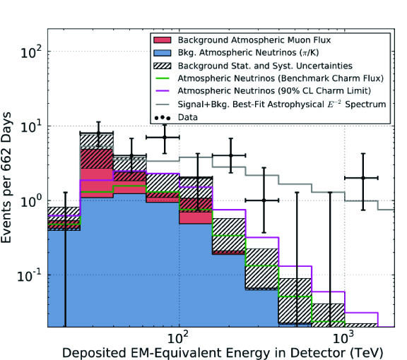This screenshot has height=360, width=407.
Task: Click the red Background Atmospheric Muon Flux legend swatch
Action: click(x=163, y=40)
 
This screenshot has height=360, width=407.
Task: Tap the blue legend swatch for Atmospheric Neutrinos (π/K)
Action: click(x=163, y=53)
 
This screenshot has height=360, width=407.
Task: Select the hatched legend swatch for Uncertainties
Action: click(x=163, y=66)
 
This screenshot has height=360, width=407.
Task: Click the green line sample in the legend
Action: click(x=163, y=78)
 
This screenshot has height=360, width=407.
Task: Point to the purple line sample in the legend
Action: click(x=163, y=91)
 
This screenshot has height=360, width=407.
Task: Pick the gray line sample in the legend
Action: click(x=163, y=104)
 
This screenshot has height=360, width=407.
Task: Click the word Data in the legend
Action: click(x=188, y=117)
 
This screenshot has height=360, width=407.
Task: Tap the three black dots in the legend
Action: click(x=163, y=118)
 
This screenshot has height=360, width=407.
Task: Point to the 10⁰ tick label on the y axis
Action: click(x=31, y=201)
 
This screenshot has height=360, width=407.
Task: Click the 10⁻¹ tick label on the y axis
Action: click(x=29, y=275)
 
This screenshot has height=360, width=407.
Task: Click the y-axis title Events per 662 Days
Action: click(x=6, y=178)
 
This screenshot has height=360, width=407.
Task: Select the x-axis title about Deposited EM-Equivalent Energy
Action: click(x=223, y=353)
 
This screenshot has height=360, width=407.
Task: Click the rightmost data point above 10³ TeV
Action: click(x=363, y=178)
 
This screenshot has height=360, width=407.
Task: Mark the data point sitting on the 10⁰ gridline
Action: click(x=264, y=200)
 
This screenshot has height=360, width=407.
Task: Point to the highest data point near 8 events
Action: click(x=98, y=133)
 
